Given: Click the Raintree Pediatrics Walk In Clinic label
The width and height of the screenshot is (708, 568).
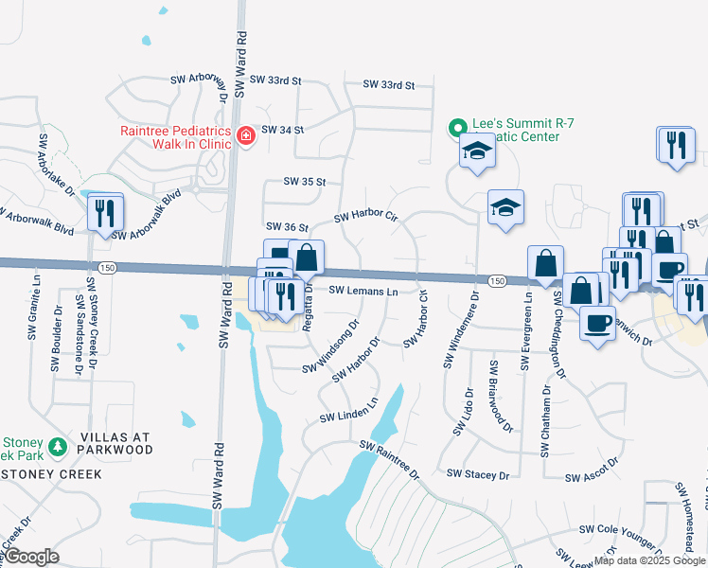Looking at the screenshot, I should pos(176,138).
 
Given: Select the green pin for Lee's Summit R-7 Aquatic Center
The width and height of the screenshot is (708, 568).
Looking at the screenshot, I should pos(457,127).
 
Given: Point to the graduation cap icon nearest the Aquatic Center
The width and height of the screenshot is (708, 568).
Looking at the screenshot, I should pos(477,151).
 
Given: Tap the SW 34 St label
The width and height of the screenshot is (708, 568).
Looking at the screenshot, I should pos(282,130).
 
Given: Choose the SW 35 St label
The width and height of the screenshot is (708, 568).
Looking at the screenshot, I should pos(304,181).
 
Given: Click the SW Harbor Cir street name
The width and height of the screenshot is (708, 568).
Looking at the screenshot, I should pos(366,217).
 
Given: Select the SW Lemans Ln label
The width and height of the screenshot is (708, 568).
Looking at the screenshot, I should pos(363,292).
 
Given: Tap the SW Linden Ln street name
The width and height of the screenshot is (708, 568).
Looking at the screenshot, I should pos(348,409).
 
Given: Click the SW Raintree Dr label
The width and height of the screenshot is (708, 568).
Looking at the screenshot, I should pos(388,457).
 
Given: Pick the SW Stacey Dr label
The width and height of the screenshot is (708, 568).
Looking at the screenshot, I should pos(477,474).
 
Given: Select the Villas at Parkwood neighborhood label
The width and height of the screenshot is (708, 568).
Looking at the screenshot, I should pos(116,443).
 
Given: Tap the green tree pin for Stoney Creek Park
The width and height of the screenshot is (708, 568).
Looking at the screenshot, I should pos(57,445).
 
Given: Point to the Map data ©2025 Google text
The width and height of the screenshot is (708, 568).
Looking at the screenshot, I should pos(649,560).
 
